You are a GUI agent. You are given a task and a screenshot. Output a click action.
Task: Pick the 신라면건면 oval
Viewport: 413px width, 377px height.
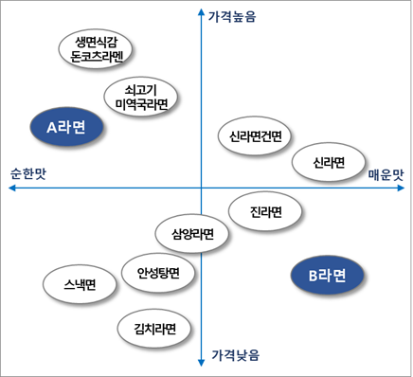click(x=255, y=137)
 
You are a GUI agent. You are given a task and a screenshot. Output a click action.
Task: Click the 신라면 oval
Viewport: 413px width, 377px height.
click(x=329, y=163)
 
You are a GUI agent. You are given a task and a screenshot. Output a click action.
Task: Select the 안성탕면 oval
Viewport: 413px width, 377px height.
click(x=158, y=275)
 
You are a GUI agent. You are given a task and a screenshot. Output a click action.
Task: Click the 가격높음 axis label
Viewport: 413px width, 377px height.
click(x=233, y=16)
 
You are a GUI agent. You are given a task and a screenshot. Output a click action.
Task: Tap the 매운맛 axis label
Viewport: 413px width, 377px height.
click(x=386, y=175)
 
